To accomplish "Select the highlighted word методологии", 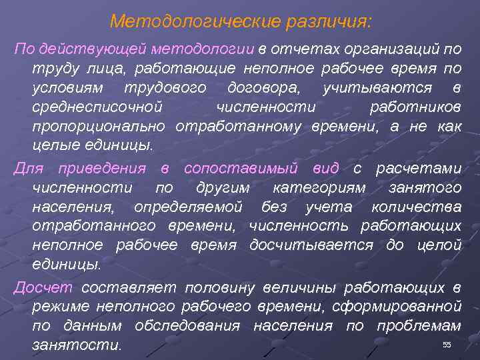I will tap(211, 50).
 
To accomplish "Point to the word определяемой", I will tap(188, 207).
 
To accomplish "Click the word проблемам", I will tap(419, 326).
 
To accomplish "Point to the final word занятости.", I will tap(77, 345).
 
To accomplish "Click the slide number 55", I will tap(447, 344).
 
